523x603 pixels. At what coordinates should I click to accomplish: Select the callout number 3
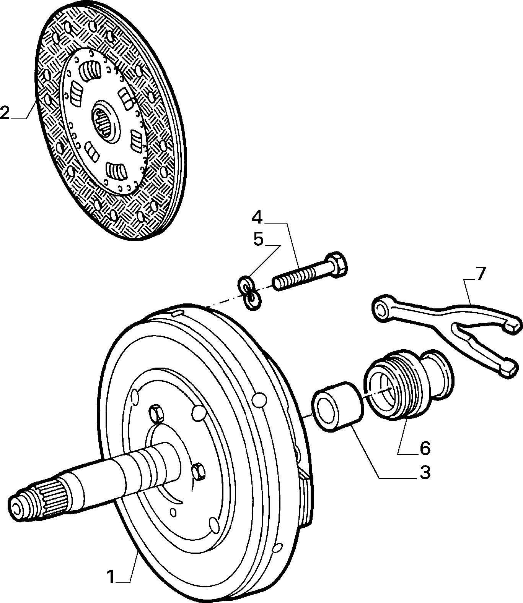click(x=425, y=473)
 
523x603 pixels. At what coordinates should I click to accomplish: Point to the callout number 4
click(x=257, y=217)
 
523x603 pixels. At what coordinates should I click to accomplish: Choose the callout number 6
click(x=425, y=448)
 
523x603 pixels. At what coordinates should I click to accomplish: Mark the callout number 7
click(x=481, y=274)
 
